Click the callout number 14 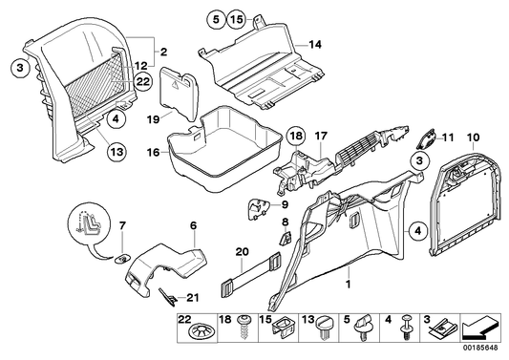316,45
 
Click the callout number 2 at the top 161,51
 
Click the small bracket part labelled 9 259,205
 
